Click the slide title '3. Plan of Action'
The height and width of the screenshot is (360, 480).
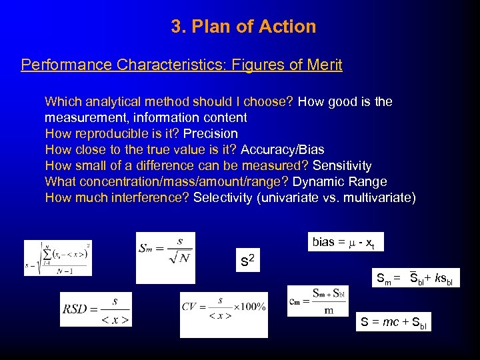pyautogui.click(x=243, y=27)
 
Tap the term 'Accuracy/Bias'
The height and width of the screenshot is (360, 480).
pyautogui.click(x=283, y=149)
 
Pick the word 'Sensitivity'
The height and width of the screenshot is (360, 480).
pyautogui.click(x=342, y=165)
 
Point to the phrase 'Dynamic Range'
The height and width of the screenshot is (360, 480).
pyautogui.click(x=340, y=181)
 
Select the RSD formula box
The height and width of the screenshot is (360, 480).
pyautogui.click(x=96, y=310)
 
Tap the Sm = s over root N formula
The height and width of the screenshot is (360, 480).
pyautogui.click(x=165, y=257)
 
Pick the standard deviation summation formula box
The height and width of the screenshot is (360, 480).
pyautogui.click(x=57, y=257)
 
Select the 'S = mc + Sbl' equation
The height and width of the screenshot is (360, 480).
pyautogui.click(x=393, y=322)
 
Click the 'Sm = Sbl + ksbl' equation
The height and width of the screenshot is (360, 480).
pyautogui.click(x=414, y=277)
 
